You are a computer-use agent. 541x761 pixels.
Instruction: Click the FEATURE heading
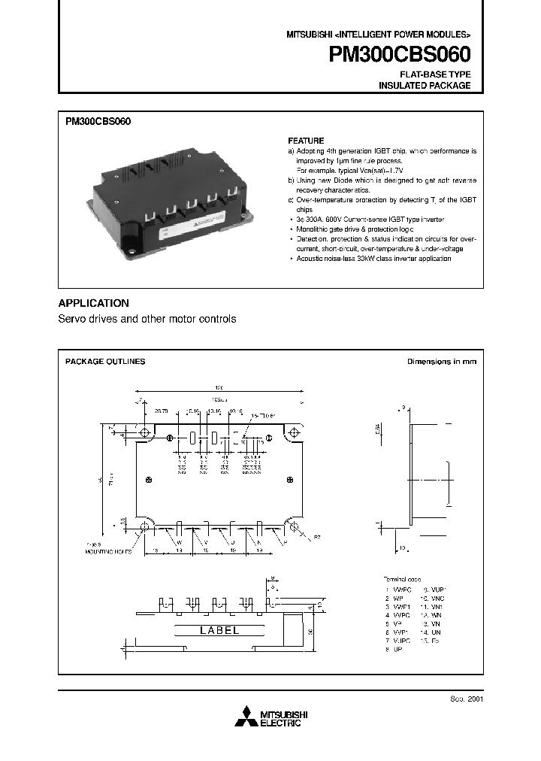306,141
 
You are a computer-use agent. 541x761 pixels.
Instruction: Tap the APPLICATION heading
93,303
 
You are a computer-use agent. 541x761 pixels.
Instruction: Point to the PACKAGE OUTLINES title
105,362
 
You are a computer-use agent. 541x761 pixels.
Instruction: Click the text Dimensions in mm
441,362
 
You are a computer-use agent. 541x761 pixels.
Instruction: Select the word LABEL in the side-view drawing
219,630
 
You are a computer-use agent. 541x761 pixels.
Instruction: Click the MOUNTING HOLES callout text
107,551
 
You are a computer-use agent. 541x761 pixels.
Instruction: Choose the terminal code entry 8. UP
393,649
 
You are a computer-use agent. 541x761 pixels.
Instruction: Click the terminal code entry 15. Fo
434,641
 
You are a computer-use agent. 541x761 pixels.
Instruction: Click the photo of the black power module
172,198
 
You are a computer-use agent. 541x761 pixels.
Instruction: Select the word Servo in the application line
72,319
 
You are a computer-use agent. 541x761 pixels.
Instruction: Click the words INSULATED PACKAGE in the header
425,86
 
